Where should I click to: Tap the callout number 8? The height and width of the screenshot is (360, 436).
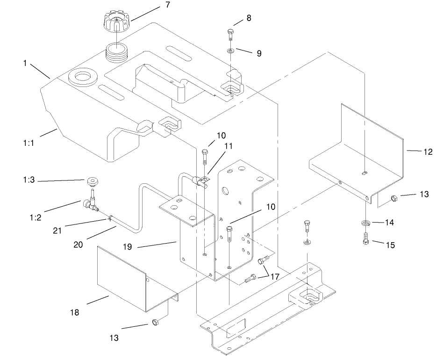(x=249, y=18)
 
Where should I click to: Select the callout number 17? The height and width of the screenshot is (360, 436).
(x=274, y=277)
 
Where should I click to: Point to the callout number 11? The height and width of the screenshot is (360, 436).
(x=215, y=146)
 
